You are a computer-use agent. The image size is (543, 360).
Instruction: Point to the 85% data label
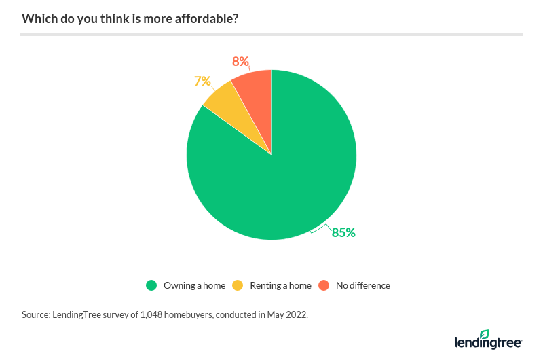point(343,232)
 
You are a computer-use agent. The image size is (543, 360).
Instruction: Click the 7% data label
point(203,81)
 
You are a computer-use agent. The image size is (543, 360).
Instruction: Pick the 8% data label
point(240,62)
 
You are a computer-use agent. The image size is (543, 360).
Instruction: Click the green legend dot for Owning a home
point(152,285)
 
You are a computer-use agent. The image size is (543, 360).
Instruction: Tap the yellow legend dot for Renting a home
point(238,285)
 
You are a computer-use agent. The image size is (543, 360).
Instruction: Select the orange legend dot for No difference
point(324,285)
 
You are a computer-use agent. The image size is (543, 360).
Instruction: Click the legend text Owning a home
point(194,285)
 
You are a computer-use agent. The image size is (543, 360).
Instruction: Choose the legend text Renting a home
point(280,285)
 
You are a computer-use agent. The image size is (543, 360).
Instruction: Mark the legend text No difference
point(363,285)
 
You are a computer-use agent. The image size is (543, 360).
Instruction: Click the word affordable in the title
point(206,18)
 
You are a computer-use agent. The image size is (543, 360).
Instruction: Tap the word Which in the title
point(37,18)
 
